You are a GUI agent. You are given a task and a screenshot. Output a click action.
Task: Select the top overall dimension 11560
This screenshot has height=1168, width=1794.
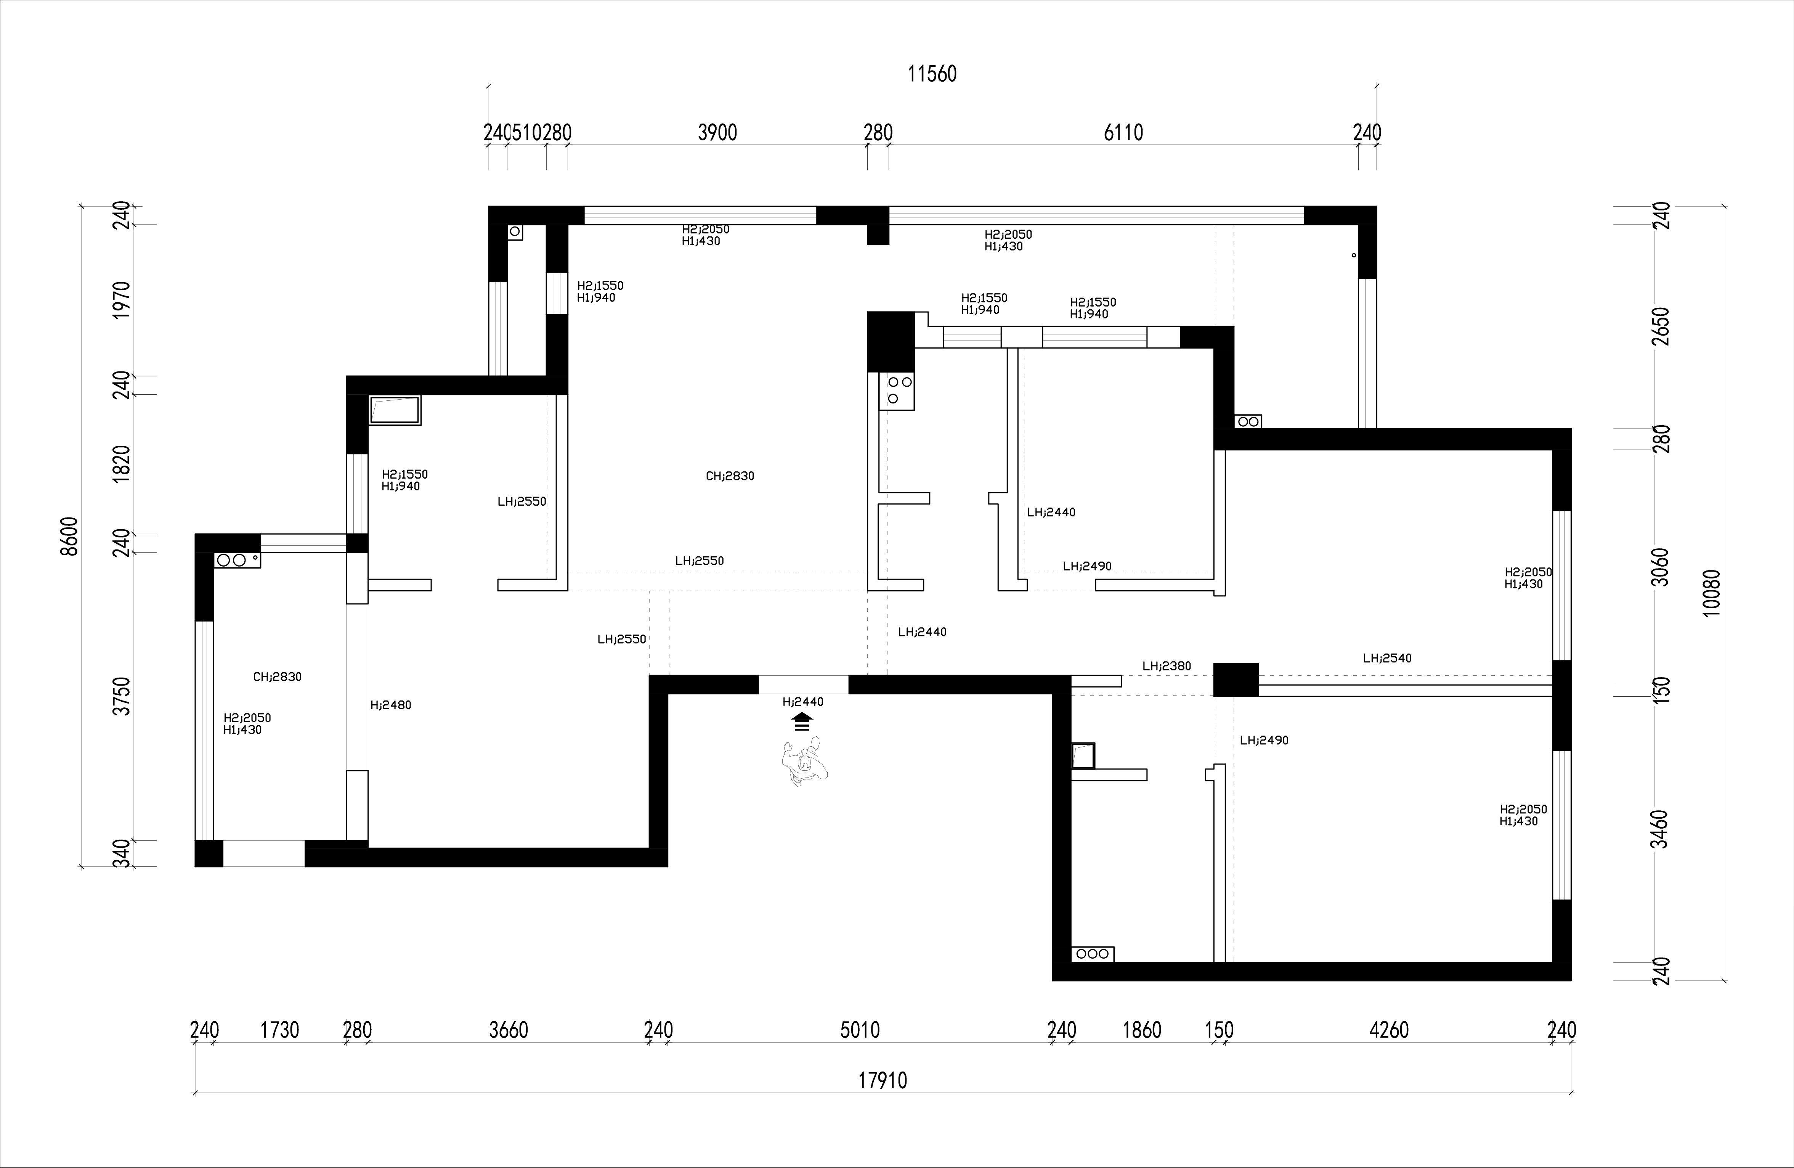coord(932,73)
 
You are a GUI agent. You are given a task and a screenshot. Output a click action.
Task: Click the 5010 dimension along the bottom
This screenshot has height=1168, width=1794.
coord(860,1029)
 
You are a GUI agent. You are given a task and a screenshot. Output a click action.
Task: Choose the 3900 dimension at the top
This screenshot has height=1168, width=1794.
coord(717,133)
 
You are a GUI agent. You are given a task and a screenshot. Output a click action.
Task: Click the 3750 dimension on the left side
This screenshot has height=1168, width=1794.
coord(121,697)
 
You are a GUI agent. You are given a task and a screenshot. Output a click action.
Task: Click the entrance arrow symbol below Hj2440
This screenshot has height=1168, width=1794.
coord(802,722)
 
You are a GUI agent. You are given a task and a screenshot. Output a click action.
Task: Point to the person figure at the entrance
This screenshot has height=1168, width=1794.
coord(804,764)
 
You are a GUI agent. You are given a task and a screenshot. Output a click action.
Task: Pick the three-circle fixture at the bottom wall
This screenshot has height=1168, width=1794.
coord(1092,954)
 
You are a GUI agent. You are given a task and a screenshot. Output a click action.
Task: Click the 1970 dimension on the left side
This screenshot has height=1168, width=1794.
coord(121,299)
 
